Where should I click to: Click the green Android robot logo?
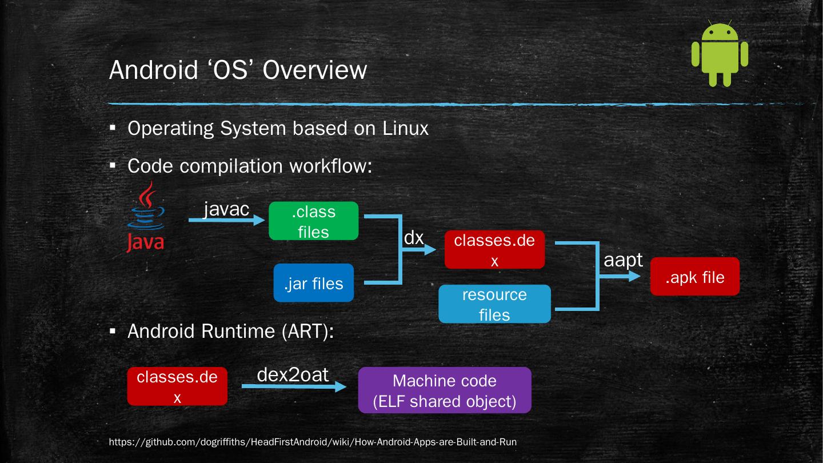point(720,53)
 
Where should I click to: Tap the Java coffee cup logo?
point(146,217)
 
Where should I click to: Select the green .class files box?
point(313,221)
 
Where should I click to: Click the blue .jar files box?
point(314,283)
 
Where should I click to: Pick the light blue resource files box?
point(494,304)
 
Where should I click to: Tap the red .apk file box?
point(695,276)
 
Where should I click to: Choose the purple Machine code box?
point(445,390)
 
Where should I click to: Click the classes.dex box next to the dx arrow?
point(494,249)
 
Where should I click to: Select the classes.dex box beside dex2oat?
point(177,386)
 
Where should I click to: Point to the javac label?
point(227,209)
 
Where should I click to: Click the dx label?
point(414,238)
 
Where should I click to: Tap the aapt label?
point(623,260)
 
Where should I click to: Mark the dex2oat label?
point(293,374)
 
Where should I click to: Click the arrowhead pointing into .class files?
point(259,220)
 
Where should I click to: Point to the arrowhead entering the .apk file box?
point(634,276)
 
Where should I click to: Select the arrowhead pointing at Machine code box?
point(341,386)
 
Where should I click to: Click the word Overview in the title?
point(315,70)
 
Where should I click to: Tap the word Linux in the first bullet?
point(406,128)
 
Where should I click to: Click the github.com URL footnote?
point(313,442)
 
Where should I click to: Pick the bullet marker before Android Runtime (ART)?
point(113,332)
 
